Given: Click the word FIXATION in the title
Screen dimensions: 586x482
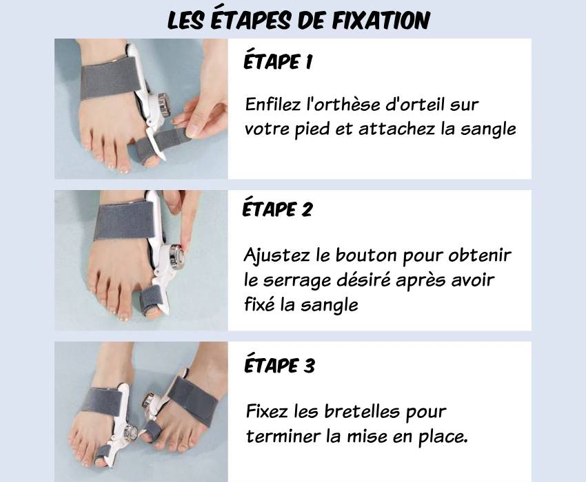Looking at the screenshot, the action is tap(381, 20).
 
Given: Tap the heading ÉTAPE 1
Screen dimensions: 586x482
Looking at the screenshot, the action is tap(278, 61).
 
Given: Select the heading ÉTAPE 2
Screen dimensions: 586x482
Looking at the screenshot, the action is tap(277, 209).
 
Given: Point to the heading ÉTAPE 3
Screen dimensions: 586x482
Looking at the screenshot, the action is tap(279, 365).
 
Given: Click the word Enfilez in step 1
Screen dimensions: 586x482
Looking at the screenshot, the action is tap(272, 104).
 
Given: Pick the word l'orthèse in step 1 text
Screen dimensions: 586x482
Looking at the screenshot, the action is tap(343, 104).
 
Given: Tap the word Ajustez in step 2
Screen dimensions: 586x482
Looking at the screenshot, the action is tap(276, 256).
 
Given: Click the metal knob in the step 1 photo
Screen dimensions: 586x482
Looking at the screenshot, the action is tap(163, 105).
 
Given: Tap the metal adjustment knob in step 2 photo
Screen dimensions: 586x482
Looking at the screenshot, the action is tap(176, 257).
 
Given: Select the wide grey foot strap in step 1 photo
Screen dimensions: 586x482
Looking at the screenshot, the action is tap(110, 78).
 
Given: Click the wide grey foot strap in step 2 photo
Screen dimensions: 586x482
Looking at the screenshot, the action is tap(124, 220).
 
